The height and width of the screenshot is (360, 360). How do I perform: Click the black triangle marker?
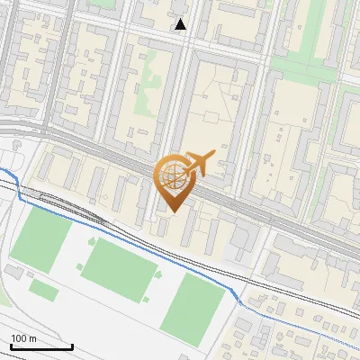(x=181, y=24)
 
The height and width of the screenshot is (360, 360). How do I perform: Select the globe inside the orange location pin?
(x=172, y=175)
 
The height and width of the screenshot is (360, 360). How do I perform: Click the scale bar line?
(x=41, y=346)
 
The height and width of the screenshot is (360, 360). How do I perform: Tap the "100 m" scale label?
(x=24, y=338)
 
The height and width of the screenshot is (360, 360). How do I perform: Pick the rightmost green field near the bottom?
(x=191, y=304)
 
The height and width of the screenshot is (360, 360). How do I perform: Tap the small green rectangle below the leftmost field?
(x=43, y=289)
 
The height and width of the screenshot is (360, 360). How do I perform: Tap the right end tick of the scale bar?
(x=72, y=346)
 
